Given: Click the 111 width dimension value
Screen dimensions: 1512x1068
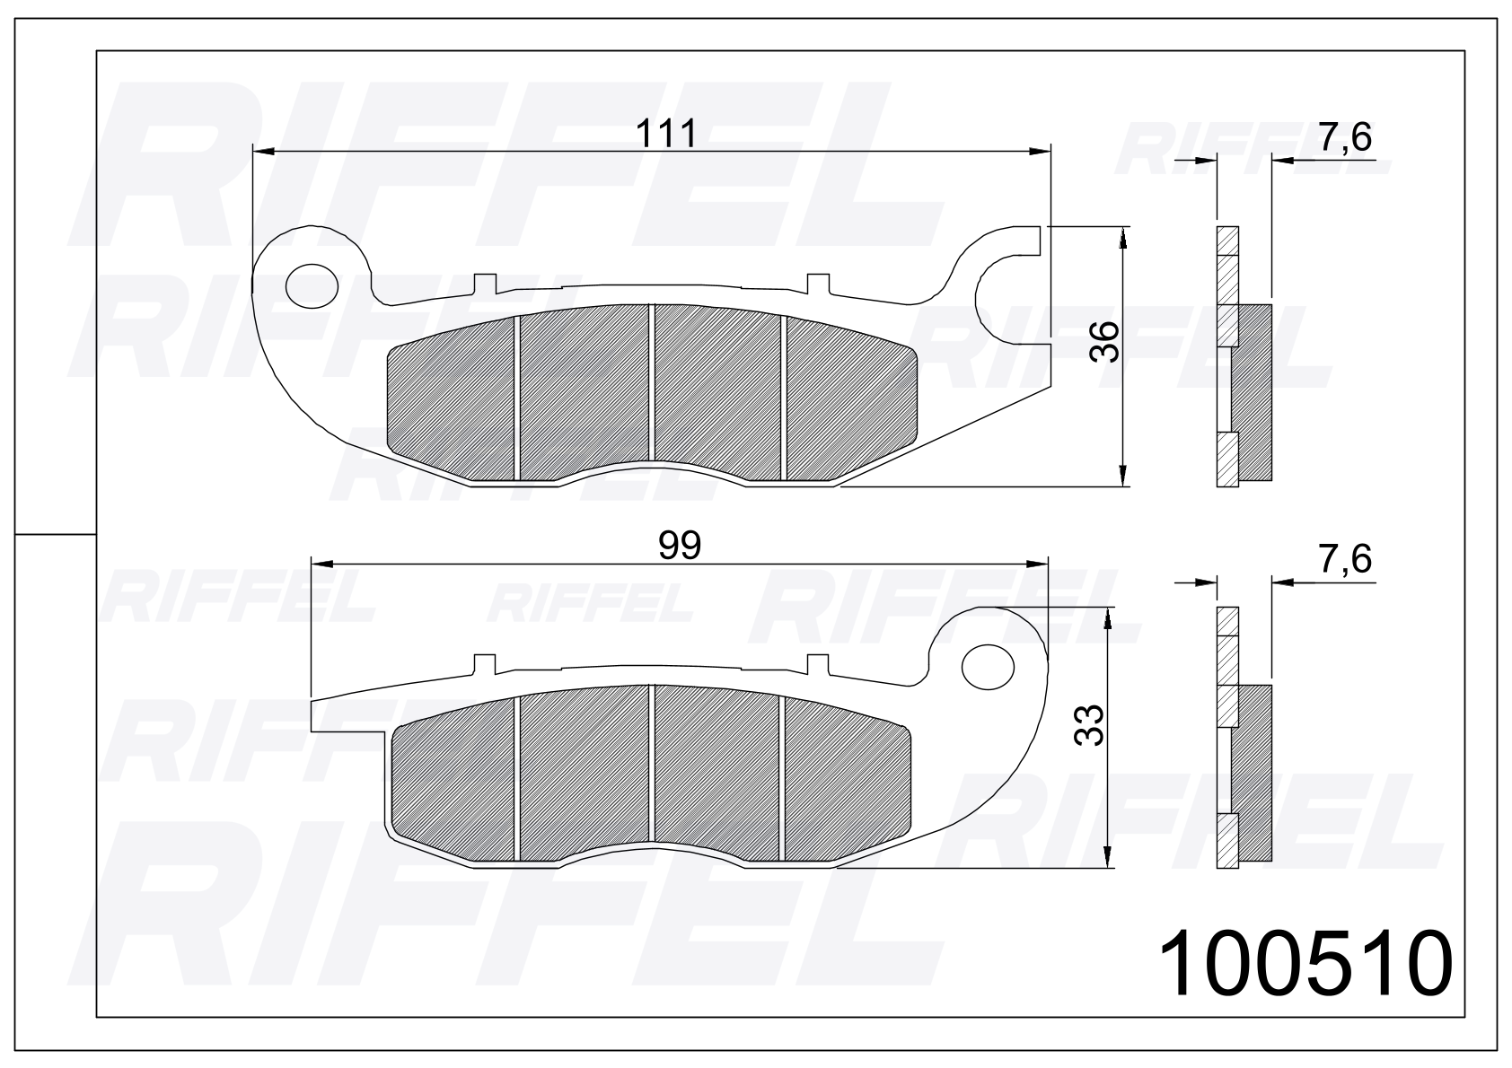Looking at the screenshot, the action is tap(666, 134).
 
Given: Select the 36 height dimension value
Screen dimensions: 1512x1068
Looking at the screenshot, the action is tap(1105, 342).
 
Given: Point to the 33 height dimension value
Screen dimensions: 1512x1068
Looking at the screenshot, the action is tap(1089, 725).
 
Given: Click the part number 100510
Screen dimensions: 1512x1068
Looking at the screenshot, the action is tap(1305, 962).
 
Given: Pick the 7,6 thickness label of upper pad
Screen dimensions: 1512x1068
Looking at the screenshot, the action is tap(1345, 137).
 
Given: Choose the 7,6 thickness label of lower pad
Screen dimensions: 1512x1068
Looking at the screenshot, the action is tap(1345, 559).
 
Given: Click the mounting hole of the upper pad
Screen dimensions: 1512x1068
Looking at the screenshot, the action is tap(312, 286).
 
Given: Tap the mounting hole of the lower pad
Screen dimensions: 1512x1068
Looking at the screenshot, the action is tap(988, 667).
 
